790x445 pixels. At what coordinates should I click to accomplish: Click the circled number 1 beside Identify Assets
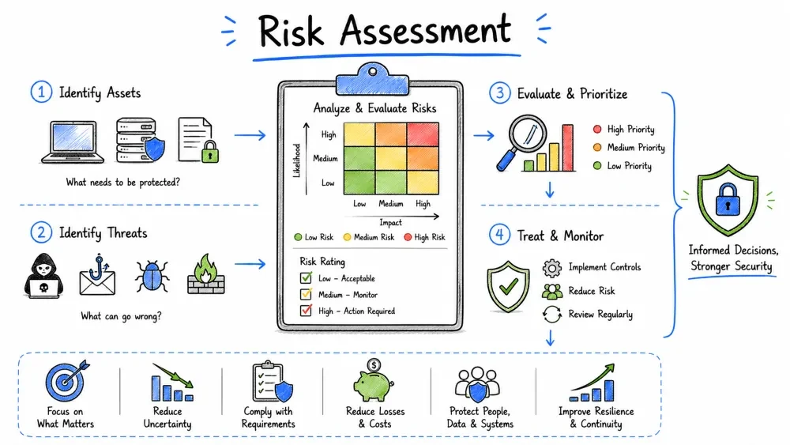41,92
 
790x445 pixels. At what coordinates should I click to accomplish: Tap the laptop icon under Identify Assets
73,142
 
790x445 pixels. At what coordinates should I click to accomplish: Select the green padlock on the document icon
210,152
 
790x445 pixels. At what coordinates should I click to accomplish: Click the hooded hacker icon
43,276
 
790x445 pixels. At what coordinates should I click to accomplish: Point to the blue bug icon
152,276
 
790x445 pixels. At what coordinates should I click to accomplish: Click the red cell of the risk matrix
423,134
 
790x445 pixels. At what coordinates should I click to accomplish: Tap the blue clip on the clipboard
372,80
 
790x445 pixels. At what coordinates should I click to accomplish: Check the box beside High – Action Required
306,310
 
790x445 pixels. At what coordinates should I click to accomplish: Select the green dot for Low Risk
298,237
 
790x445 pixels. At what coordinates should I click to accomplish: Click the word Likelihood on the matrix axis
297,160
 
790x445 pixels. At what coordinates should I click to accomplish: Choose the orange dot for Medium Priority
597,147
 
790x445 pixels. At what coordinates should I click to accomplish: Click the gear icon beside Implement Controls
551,268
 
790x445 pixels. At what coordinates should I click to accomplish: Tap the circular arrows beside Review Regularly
552,315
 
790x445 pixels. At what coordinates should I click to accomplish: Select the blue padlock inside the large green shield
728,200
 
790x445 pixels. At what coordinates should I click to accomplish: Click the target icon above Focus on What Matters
66,380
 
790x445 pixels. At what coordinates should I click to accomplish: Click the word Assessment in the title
426,30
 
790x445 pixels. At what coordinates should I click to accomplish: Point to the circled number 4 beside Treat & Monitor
499,235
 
